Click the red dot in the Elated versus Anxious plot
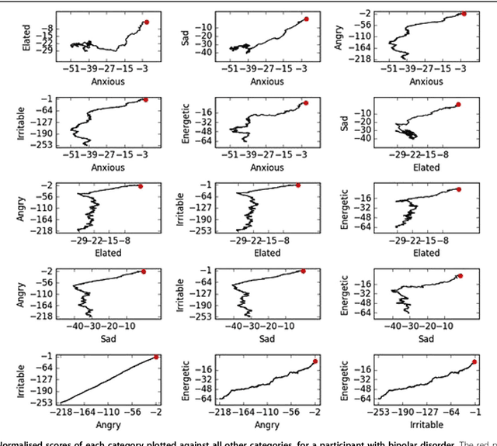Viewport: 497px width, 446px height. [x=147, y=22]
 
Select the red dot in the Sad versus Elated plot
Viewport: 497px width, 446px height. [x=458, y=104]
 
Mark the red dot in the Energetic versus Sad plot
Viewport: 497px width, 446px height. [x=461, y=276]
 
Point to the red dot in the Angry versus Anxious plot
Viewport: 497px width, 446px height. [x=464, y=13]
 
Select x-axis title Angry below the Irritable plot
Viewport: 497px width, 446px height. [x=108, y=425]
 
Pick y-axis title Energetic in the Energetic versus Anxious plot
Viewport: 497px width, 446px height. [x=185, y=121]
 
